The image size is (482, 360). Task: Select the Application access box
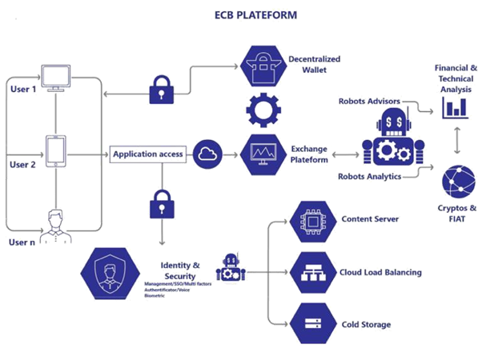coord(148,154)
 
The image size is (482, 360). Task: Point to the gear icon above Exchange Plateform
coord(260,109)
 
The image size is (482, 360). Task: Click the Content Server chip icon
coord(310,219)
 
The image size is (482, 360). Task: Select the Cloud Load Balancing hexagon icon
coord(310,271)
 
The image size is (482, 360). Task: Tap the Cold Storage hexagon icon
coord(310,324)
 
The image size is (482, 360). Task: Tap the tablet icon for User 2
coord(54,151)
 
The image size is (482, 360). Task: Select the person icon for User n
coord(55,225)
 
